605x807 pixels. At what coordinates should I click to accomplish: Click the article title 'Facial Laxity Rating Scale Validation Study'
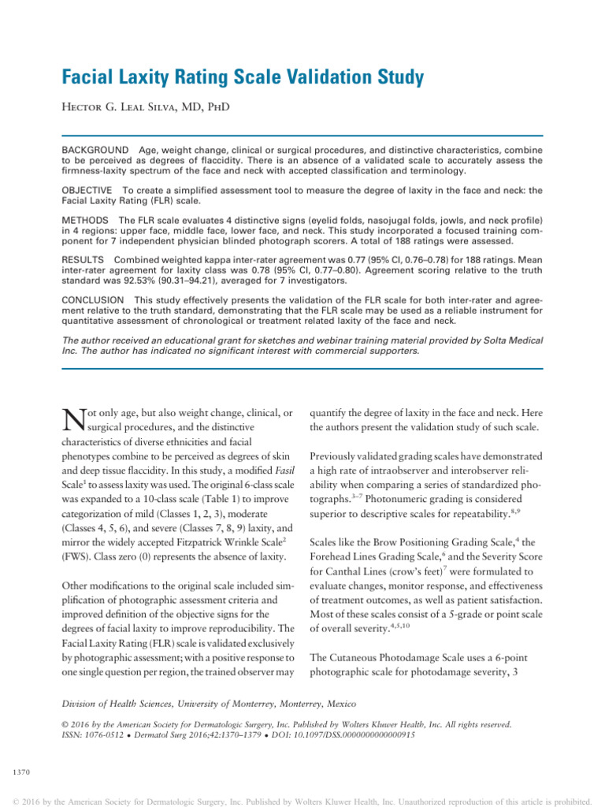tap(243, 77)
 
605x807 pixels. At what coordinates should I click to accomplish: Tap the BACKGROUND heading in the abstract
tap(95, 150)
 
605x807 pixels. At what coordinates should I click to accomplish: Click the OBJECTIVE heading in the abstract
tap(90, 190)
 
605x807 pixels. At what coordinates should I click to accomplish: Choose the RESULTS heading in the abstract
tap(85, 258)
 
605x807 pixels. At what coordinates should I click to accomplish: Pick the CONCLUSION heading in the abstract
tap(93, 299)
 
